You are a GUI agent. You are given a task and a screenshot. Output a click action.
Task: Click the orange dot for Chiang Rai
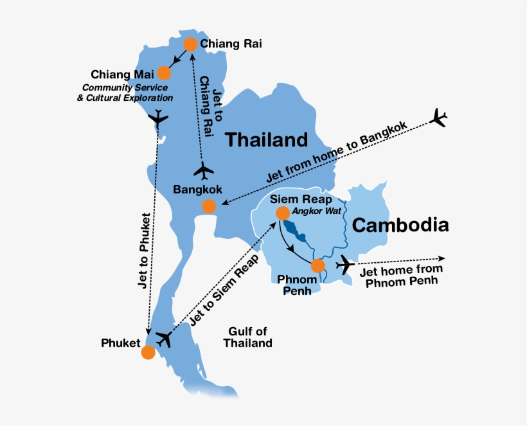point(190,44)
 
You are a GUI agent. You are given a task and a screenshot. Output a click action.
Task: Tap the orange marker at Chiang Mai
point(165,73)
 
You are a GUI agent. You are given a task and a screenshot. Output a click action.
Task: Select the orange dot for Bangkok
point(209,206)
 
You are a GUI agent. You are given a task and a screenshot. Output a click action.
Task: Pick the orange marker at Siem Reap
point(282,213)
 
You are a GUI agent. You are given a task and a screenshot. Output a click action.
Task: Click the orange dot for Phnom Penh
point(317,266)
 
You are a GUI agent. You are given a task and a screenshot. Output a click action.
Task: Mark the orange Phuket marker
point(148,352)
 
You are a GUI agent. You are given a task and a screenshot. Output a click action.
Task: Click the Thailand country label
point(266,139)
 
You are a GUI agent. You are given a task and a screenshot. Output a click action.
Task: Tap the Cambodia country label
point(400,225)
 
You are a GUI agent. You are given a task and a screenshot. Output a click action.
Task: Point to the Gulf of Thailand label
point(247,337)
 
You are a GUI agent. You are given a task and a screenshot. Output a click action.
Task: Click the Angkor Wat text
point(312,211)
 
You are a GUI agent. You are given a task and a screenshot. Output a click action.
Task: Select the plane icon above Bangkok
point(204,171)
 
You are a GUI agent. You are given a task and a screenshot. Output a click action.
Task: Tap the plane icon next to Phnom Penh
point(346,263)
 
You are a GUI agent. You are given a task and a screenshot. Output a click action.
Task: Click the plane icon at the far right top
point(440,118)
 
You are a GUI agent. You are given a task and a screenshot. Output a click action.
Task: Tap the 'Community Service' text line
point(125,87)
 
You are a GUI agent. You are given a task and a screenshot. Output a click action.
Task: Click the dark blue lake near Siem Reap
point(293,229)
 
